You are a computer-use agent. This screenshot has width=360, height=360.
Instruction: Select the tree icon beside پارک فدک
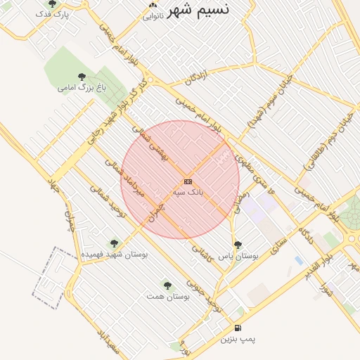pos(52,4)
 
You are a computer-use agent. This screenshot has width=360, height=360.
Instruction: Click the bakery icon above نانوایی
pos(153,6)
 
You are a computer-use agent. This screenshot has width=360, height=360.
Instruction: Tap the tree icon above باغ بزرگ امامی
pos(82,77)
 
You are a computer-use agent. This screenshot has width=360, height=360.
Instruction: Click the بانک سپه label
pos(188,191)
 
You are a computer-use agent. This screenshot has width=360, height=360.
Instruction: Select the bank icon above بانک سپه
pos(188,181)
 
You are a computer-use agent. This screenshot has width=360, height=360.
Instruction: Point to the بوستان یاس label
pos(238,257)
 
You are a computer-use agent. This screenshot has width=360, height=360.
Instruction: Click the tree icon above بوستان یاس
pos(238,245)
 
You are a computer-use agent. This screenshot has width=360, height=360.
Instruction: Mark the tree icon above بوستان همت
pos(167,285)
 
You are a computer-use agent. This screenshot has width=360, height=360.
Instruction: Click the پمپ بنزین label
pos(238,340)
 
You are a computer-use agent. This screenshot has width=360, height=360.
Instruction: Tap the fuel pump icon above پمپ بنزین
pos(238,328)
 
